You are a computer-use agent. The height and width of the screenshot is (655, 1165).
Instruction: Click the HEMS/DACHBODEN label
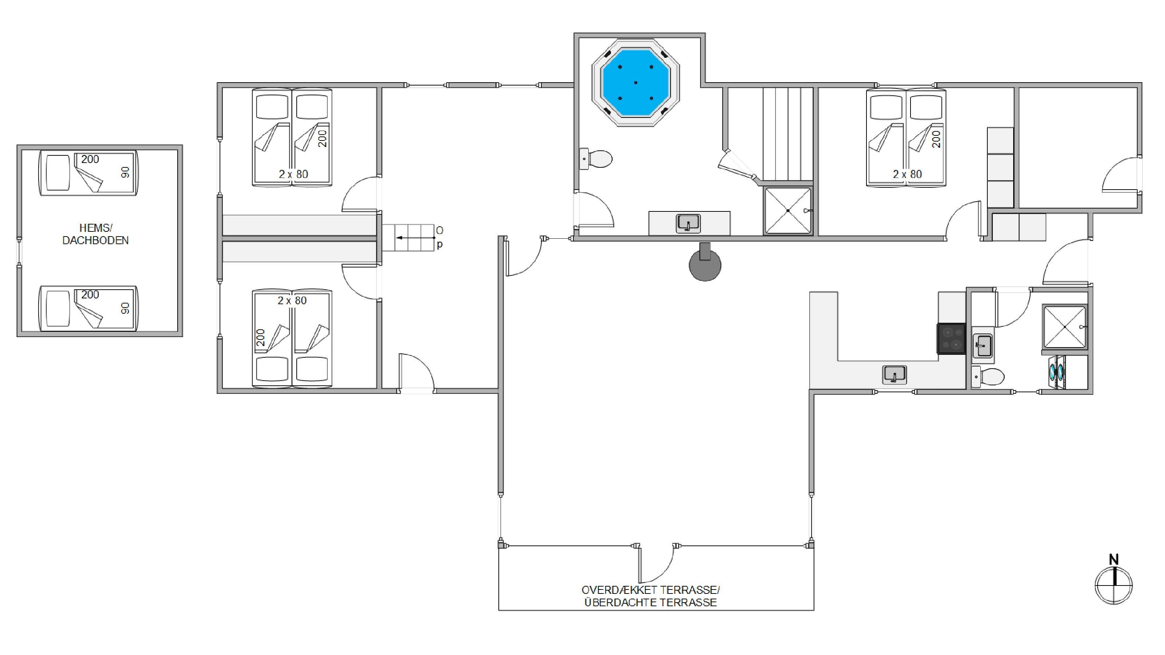[95, 234]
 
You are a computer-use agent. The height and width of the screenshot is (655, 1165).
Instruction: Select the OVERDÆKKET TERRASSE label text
[650, 590]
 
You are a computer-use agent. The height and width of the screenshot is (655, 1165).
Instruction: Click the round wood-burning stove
[704, 265]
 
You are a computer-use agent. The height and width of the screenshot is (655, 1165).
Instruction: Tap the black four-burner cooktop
[951, 338]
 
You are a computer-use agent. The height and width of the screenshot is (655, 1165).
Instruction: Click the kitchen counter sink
[895, 375]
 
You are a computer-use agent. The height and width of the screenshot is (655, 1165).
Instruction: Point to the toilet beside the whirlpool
[596, 159]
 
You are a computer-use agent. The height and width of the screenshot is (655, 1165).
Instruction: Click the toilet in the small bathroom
[988, 376]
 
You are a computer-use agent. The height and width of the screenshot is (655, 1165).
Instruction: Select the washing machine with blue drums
[1057, 372]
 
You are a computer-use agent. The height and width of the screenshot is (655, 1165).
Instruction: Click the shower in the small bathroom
[1064, 327]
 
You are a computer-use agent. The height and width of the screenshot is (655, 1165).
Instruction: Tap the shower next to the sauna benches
[788, 211]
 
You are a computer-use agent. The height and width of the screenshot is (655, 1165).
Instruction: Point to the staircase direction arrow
[415, 237]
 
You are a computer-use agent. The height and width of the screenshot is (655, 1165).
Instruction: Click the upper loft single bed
[88, 173]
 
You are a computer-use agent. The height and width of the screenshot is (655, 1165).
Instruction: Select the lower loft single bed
[88, 308]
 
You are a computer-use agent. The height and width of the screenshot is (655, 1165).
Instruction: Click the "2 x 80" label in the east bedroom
[907, 174]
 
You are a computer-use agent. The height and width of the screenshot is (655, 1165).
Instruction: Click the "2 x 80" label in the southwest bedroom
[292, 300]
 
